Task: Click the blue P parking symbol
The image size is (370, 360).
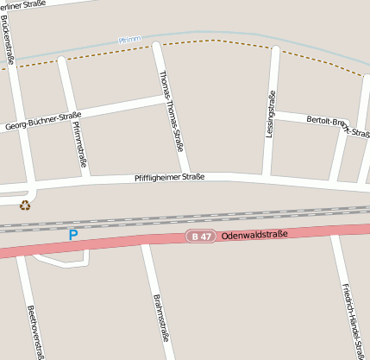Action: [73, 234]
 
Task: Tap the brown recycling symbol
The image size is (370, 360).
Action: [25, 205]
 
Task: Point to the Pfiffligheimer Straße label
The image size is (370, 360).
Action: [170, 177]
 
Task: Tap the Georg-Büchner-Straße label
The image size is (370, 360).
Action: [43, 121]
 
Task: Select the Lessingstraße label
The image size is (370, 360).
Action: [271, 115]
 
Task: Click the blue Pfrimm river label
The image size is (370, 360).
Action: [129, 40]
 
